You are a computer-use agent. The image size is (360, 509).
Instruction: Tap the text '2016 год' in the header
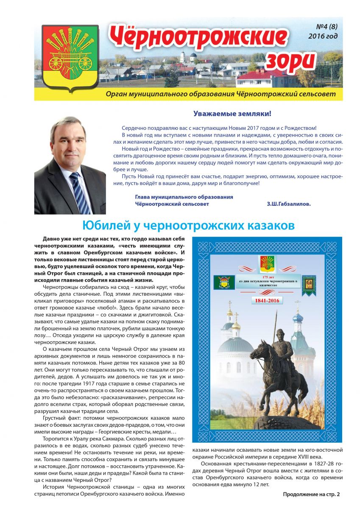pos(323,36)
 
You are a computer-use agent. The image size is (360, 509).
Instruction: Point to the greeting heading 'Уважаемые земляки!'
pos(232,114)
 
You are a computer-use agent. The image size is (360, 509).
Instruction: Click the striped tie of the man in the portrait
pos(79,191)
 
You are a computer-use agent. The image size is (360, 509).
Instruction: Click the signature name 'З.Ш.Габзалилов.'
pos(289,204)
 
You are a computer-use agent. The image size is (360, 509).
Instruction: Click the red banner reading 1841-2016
pos(271,301)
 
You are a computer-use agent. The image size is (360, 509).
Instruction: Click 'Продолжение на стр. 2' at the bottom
pos(311,494)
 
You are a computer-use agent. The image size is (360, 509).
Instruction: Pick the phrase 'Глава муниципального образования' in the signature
pos(184,197)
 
